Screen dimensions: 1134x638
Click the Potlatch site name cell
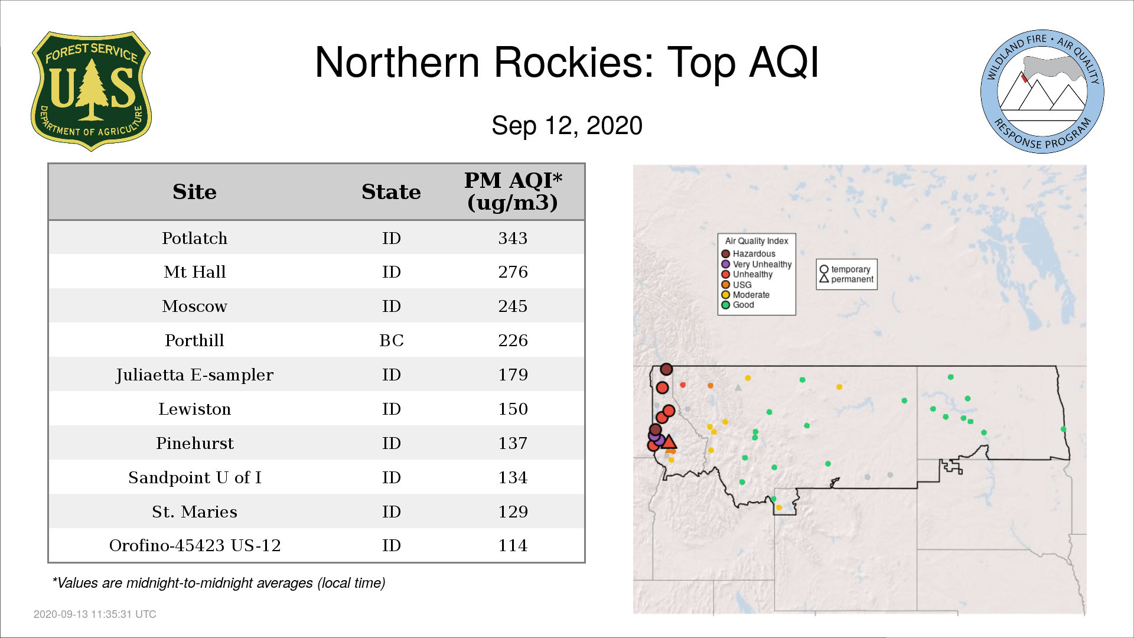tap(194, 238)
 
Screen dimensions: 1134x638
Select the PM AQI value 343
tap(513, 238)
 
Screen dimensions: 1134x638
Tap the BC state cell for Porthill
tap(391, 340)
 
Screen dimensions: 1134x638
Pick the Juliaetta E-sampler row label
tap(194, 375)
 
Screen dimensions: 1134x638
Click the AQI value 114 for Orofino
tap(513, 545)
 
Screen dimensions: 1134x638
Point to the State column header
tap(391, 192)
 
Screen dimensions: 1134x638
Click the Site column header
tap(194, 192)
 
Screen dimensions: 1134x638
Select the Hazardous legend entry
tap(748, 254)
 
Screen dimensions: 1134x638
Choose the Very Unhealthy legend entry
tap(757, 264)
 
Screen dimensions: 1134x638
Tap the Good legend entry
tap(738, 305)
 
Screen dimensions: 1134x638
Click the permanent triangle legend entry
tap(846, 279)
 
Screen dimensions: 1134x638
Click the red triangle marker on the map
tap(669, 442)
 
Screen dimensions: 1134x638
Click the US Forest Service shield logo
tap(91, 91)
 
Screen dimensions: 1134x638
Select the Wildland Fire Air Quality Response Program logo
tap(1042, 92)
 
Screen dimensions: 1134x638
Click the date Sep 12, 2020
tap(567, 126)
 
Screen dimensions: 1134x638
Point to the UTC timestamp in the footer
tap(95, 614)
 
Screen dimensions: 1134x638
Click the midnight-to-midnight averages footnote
tap(219, 583)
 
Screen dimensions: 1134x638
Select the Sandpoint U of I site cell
tap(194, 477)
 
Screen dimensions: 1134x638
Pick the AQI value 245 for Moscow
tap(513, 306)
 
